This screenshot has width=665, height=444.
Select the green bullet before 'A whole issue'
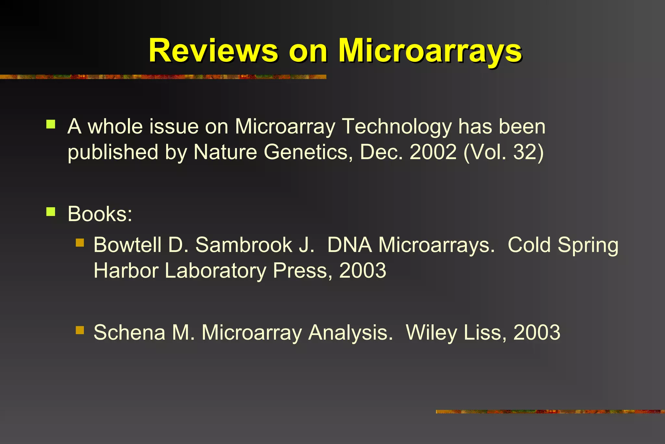click(x=51, y=124)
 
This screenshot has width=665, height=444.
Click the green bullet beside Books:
click(x=51, y=212)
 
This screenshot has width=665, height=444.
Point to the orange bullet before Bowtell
click(x=80, y=242)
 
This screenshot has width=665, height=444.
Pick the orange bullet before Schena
click(x=80, y=330)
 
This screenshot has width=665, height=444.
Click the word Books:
click(x=100, y=214)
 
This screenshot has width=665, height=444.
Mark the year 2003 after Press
click(x=363, y=270)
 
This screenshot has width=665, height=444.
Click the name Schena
click(x=129, y=333)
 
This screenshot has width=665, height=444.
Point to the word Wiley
click(x=431, y=333)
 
